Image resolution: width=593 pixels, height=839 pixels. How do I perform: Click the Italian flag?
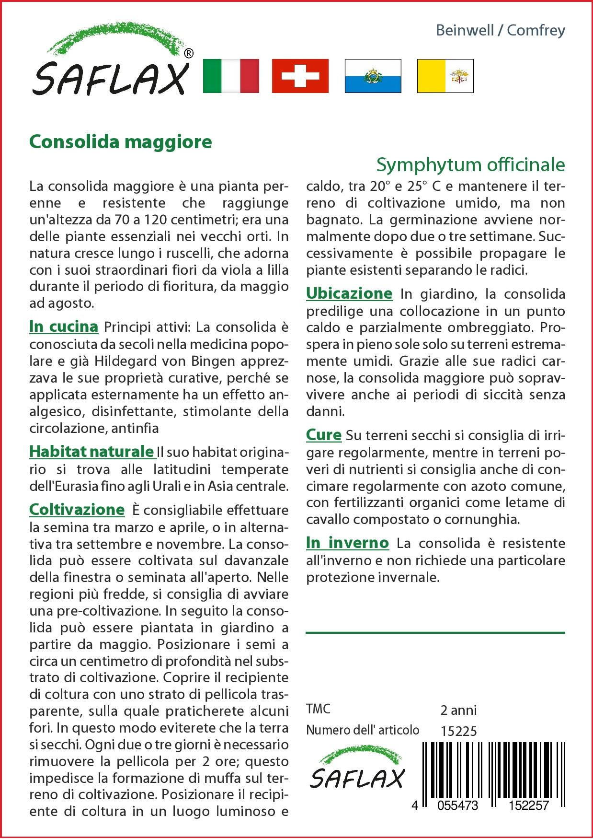coord(231,76)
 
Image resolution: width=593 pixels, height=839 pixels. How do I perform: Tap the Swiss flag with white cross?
coord(300,76)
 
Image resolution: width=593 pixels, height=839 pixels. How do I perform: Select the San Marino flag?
coord(373,76)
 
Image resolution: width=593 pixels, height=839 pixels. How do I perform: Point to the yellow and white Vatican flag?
coord(445,76)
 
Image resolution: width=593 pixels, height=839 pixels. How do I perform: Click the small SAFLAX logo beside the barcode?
coord(357,768)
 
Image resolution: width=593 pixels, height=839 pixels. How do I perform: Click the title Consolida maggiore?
coord(121,142)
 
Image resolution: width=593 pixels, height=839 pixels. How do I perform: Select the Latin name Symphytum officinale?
coord(470,164)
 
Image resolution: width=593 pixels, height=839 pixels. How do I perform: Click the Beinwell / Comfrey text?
coord(500,30)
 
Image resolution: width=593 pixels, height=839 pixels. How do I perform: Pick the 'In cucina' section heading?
coord(64,326)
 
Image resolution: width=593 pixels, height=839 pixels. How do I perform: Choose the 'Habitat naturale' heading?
coord(91,451)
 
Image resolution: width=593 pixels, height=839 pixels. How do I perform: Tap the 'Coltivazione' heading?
coord(77,509)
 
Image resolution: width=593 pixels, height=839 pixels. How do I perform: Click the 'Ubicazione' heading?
coord(349,293)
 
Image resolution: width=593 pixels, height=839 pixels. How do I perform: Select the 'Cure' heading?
coord(324,435)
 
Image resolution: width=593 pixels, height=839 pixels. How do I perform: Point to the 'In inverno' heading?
coord(347,543)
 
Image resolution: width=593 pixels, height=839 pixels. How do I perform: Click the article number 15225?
coord(458,731)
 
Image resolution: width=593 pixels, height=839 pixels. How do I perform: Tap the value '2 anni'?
coord(458,710)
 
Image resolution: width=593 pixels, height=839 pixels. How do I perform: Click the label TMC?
coord(318,709)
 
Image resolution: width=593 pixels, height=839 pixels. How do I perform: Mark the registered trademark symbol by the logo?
coord(189,53)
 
